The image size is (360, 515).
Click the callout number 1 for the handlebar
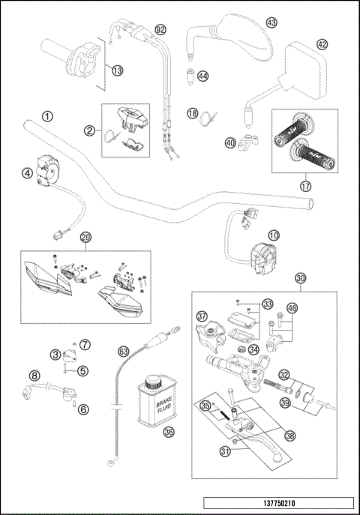[x=47, y=117]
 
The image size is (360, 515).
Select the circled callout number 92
[x=160, y=30]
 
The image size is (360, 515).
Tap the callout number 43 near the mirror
[x=271, y=23]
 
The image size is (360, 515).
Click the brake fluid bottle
[x=156, y=400]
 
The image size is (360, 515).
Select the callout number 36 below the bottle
[x=168, y=432]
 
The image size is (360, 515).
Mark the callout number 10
[x=274, y=235]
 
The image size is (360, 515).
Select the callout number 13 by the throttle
[x=117, y=70]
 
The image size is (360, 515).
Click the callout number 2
[x=89, y=130]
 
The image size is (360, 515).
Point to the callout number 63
[x=124, y=349]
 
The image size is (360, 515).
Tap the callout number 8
[x=34, y=375]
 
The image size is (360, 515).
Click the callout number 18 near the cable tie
[x=192, y=113]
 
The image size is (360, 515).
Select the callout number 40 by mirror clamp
[x=230, y=141]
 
